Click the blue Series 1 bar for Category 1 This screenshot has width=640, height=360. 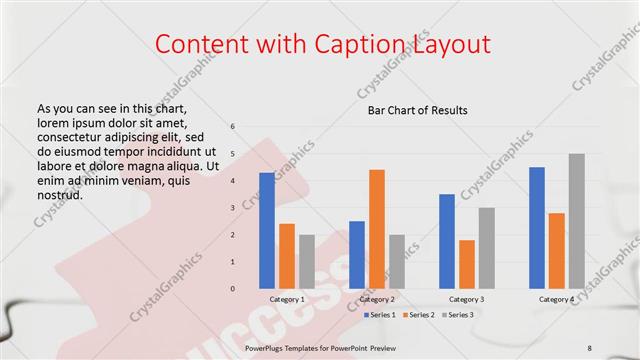pyautogui.click(x=267, y=230)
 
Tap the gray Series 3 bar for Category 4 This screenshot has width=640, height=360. pyautogui.click(x=577, y=221)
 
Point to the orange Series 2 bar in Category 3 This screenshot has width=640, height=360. pyautogui.click(x=467, y=264)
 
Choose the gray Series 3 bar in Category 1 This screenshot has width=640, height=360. pyautogui.click(x=307, y=262)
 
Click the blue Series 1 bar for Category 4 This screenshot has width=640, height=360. pyautogui.click(x=537, y=228)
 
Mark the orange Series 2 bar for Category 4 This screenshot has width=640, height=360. pyautogui.click(x=557, y=251)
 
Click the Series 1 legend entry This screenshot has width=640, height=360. pyautogui.click(x=380, y=315)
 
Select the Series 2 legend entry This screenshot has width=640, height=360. pyautogui.click(x=420, y=315)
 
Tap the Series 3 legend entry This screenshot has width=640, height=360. pyautogui.click(x=460, y=315)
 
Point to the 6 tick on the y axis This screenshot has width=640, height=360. pyautogui.click(x=232, y=127)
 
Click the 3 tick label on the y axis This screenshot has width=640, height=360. pyautogui.click(x=232, y=208)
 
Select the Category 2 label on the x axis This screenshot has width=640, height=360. pyautogui.click(x=377, y=300)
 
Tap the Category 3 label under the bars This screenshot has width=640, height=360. pyautogui.click(x=467, y=300)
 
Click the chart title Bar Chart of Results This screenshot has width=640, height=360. pyautogui.click(x=412, y=109)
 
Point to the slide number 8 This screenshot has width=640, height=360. pyautogui.click(x=590, y=346)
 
